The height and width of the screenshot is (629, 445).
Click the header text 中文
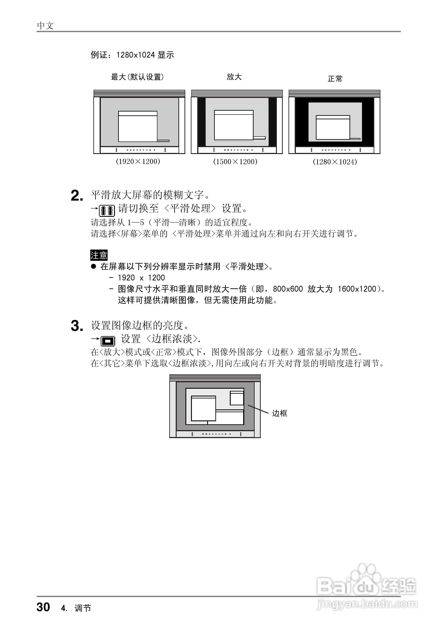(x=45, y=26)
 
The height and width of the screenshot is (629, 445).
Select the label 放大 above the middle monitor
(x=234, y=77)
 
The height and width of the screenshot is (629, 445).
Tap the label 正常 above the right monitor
(x=335, y=79)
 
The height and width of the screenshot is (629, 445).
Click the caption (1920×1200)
(x=138, y=161)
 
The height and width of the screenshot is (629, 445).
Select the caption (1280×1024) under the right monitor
(x=335, y=162)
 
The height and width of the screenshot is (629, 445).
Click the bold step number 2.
(x=77, y=196)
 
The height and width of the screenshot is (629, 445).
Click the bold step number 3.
(x=77, y=326)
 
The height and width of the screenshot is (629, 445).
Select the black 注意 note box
(x=99, y=255)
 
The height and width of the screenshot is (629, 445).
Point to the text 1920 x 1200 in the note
(x=141, y=278)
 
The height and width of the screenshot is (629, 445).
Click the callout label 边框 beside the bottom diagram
(x=279, y=413)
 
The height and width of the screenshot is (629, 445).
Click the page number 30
(x=43, y=607)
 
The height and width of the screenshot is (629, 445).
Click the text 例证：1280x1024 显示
(x=132, y=55)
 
